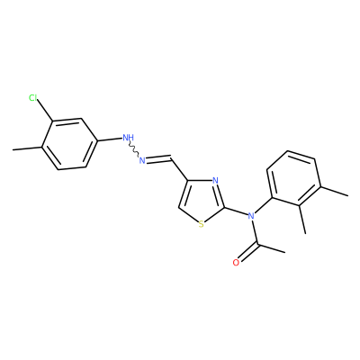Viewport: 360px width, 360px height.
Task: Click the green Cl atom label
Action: [32, 98]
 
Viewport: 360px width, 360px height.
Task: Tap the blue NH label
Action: [129, 138]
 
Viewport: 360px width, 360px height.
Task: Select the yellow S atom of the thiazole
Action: [201, 224]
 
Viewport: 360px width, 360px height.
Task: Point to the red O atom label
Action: [236, 263]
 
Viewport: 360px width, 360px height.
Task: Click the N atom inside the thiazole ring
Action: [215, 181]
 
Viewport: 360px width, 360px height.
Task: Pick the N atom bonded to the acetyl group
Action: [251, 215]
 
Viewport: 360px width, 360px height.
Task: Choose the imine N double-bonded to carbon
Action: [142, 160]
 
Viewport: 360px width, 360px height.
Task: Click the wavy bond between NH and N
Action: [134, 150]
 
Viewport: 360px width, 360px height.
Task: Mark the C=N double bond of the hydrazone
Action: [158, 158]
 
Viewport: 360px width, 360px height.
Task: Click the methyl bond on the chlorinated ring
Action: [27, 148]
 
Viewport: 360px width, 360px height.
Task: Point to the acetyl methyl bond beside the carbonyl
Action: [271, 247]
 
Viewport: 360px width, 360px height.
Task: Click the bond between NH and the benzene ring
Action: [110, 139]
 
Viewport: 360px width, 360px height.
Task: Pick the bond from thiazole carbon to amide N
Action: [236, 211]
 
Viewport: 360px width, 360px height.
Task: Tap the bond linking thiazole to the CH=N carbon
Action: [179, 169]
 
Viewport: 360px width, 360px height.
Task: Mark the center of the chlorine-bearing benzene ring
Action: [69, 144]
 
